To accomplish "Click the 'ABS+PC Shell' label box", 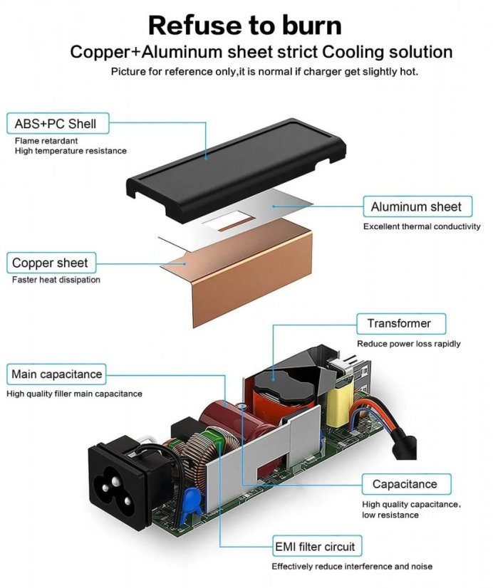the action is tap(58, 123).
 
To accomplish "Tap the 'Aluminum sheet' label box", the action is tap(417, 206).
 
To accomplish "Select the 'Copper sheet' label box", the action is tap(51, 263).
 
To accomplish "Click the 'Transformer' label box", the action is tap(400, 324).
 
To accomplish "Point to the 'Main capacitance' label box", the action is tap(56, 374).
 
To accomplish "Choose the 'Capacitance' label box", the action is tap(406, 484).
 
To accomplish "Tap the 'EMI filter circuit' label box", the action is tap(317, 546).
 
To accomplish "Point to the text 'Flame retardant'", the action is tap(46, 141).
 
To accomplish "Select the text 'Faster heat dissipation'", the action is tap(56, 280).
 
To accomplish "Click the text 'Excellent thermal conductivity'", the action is tap(422, 226).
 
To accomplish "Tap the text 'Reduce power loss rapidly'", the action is tap(409, 344).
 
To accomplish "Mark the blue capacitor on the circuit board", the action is tap(190, 502).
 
